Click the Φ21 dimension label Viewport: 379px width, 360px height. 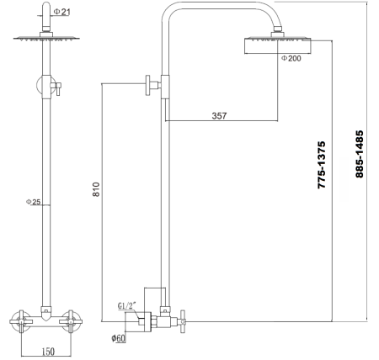pyautogui.click(x=61, y=12)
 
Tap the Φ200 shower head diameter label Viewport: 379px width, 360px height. pyautogui.click(x=291, y=58)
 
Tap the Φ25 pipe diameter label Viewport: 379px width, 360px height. pyautogui.click(x=34, y=202)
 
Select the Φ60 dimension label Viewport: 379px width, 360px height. pyautogui.click(x=120, y=338)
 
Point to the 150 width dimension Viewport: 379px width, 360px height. pyautogui.click(x=50, y=351)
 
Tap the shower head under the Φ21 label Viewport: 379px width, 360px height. pyautogui.click(x=43, y=38)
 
